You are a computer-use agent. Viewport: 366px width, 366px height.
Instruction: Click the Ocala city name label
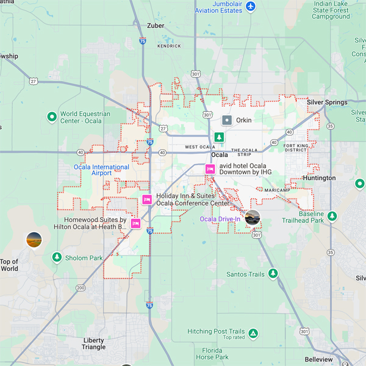click(219, 155)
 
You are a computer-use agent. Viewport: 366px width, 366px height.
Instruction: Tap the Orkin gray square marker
click(227, 120)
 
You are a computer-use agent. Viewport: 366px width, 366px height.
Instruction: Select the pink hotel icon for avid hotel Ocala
click(210, 169)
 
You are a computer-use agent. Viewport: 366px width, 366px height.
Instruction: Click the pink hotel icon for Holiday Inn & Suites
click(147, 199)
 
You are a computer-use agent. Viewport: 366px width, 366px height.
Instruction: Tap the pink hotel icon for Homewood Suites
click(135, 223)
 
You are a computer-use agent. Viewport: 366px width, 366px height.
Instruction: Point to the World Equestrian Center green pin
click(52, 117)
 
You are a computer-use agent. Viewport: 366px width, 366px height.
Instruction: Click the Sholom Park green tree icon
click(57, 257)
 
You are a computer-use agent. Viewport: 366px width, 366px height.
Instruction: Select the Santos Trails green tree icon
click(273, 274)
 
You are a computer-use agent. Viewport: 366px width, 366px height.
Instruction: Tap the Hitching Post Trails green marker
click(253, 334)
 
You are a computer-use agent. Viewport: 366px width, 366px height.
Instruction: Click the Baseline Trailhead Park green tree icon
click(332, 216)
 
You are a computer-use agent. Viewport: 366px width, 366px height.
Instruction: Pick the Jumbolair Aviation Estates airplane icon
click(251, 6)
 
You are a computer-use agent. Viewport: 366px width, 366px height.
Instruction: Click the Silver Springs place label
click(327, 102)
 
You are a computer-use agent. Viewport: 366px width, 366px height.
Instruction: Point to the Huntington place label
click(320, 178)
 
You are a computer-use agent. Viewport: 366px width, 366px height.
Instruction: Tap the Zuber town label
click(156, 26)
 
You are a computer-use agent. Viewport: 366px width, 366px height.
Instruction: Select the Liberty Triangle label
click(93, 343)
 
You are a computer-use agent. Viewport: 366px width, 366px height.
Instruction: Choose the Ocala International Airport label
click(101, 170)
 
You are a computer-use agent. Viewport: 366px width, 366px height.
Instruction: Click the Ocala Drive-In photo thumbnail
click(252, 217)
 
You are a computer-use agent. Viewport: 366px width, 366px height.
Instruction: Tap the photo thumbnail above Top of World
click(34, 240)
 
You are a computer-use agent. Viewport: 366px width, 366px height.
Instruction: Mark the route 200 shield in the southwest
click(80, 287)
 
